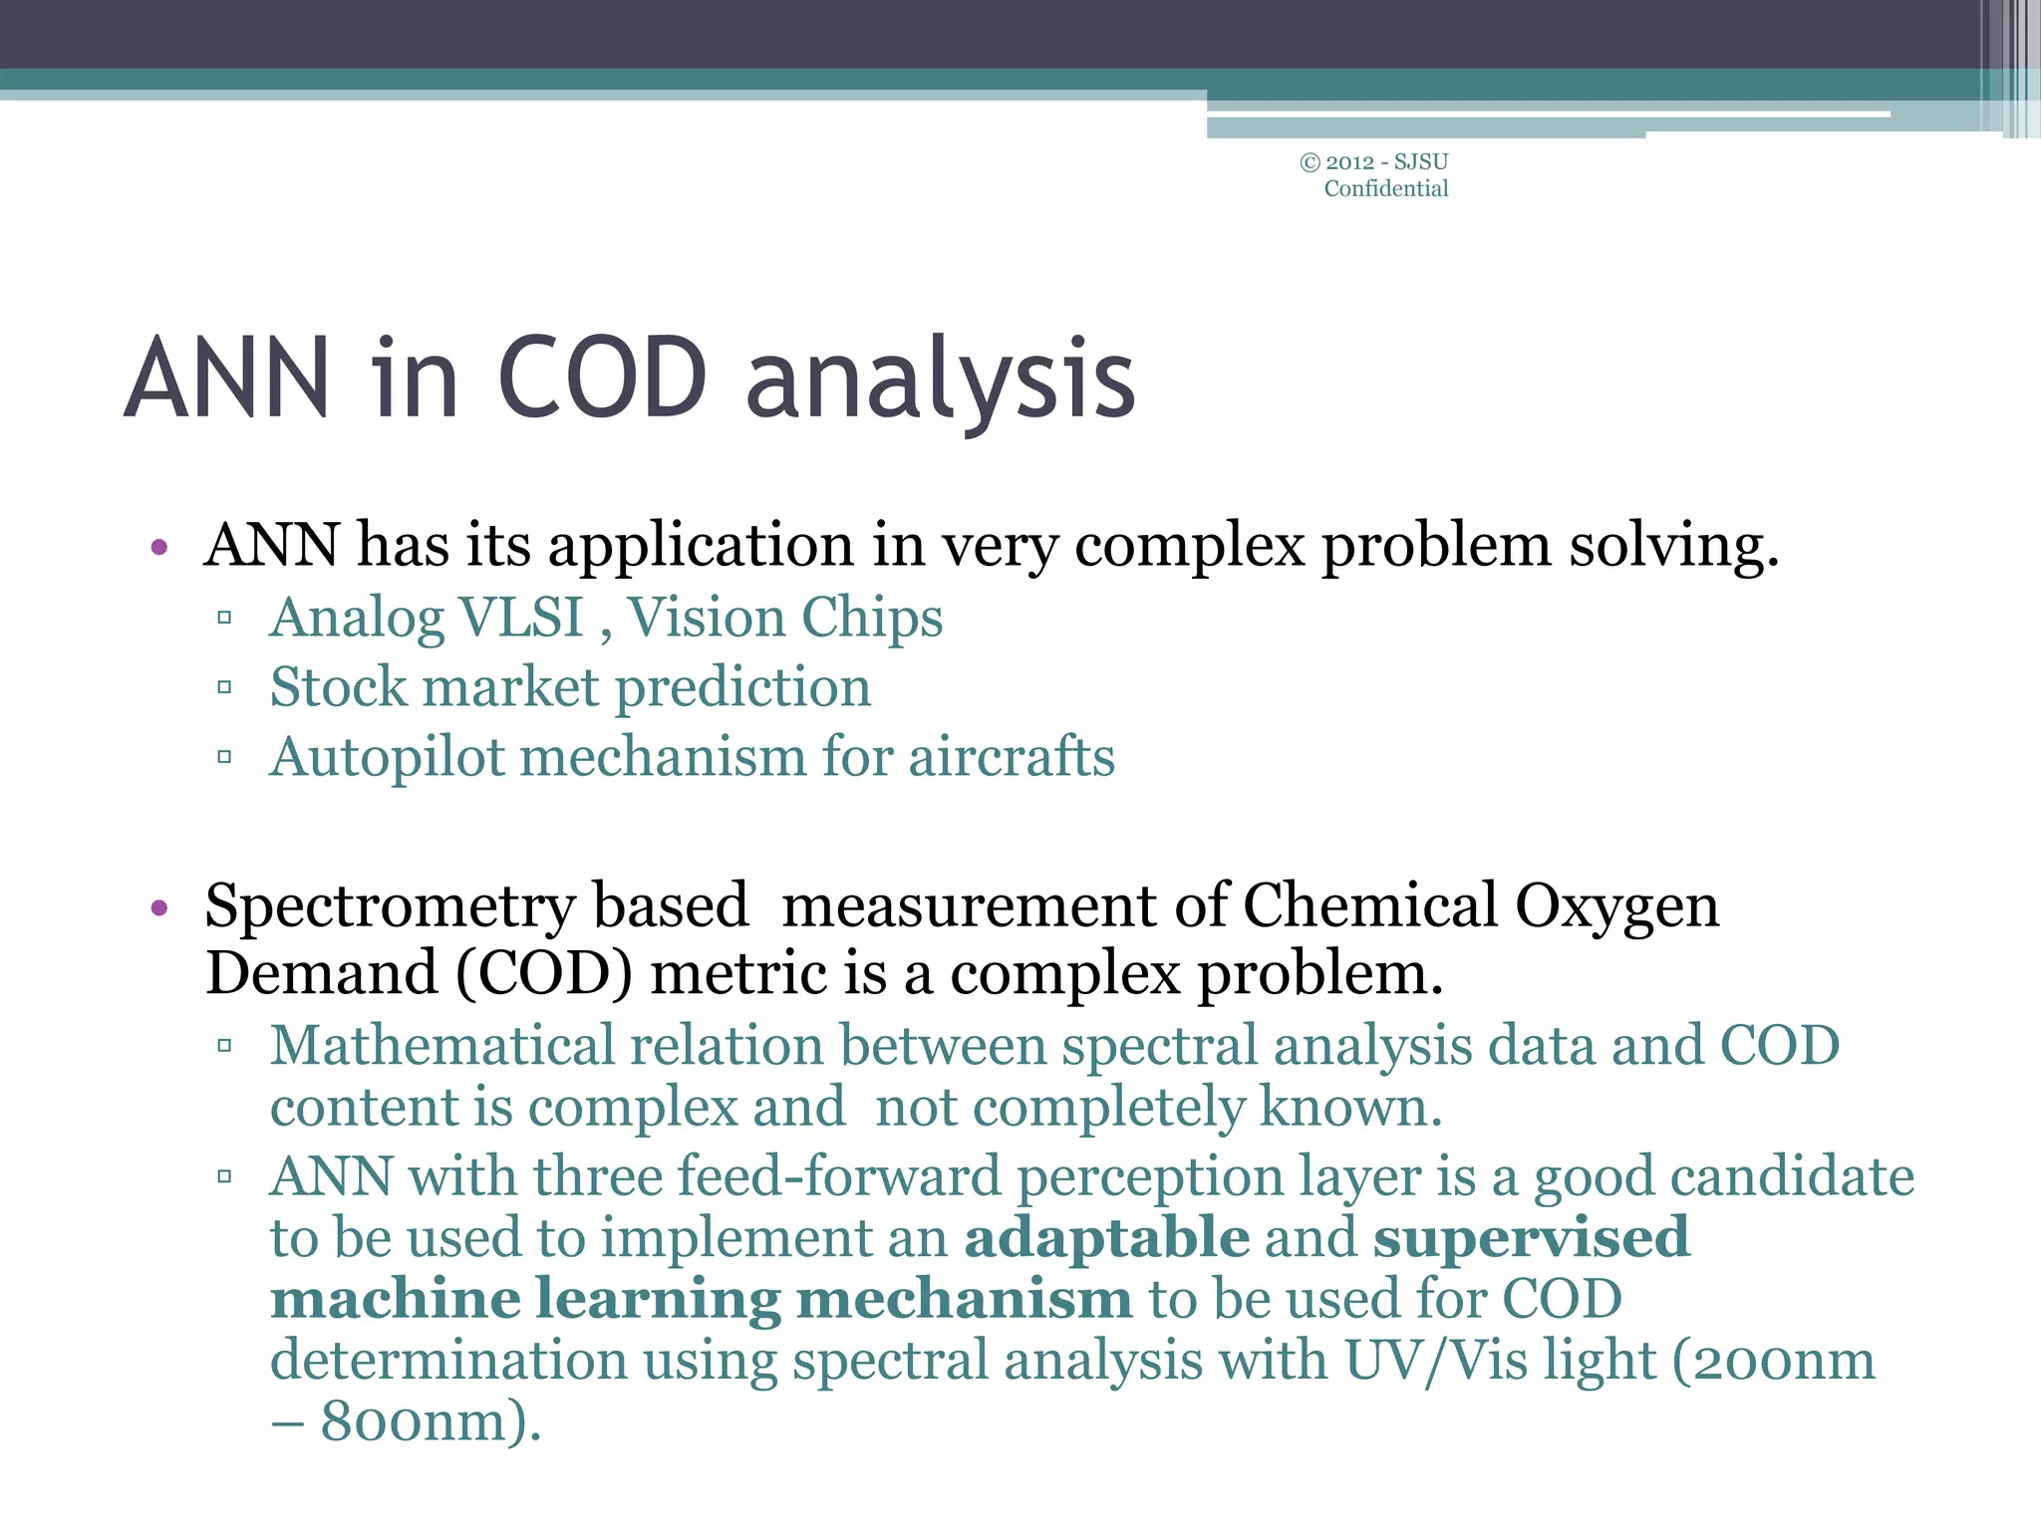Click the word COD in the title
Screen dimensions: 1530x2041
(x=601, y=379)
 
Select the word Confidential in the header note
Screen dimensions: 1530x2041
(x=1385, y=188)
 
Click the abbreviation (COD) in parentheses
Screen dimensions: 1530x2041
(x=543, y=974)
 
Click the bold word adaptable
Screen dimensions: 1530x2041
(x=1106, y=1238)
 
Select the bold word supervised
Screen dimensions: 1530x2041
(x=1531, y=1238)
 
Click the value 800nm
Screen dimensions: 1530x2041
(x=429, y=1421)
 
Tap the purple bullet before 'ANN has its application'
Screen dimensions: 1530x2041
(x=158, y=547)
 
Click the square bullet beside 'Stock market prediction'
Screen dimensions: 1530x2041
(x=224, y=687)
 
